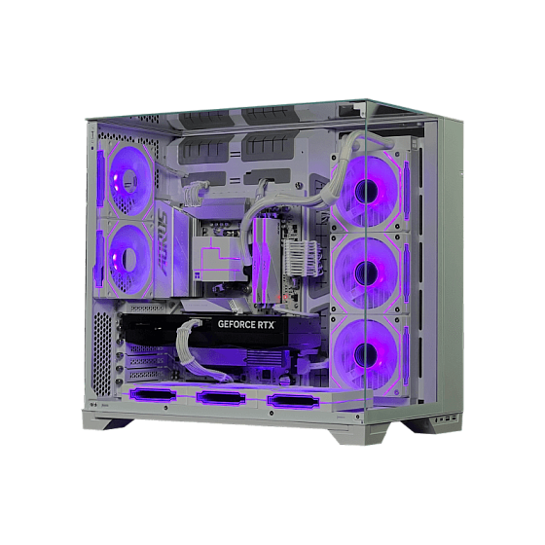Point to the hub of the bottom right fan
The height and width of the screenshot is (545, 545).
[369, 353]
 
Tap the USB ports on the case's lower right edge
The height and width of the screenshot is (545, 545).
[443, 418]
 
